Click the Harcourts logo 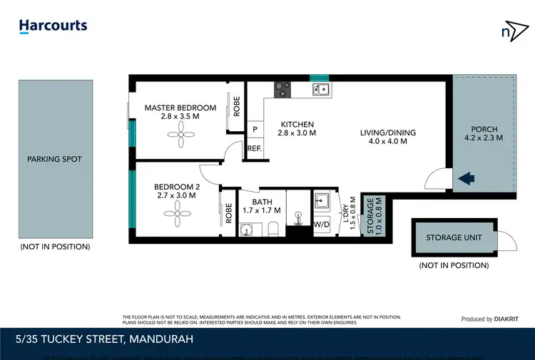pos(53,26)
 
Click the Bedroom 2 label pos(176,191)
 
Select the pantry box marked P pos(255,130)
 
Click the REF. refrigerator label pos(255,148)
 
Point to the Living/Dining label pos(387,137)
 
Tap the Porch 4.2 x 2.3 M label pos(484,133)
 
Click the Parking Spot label pos(54,159)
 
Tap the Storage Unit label pos(453,237)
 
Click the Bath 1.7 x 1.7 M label pos(263,207)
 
